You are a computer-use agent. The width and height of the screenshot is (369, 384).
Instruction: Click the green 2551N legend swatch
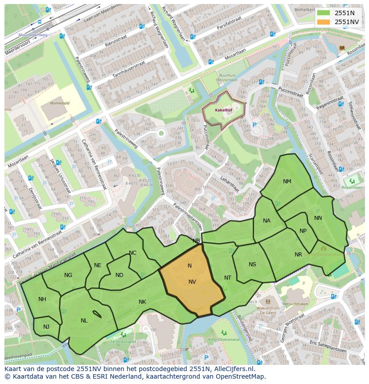tap(324, 13)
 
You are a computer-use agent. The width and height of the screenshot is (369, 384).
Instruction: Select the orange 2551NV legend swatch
tap(324, 21)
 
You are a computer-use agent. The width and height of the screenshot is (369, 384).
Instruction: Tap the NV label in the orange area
tap(192, 281)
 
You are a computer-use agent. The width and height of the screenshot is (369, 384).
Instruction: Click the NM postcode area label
tap(287, 181)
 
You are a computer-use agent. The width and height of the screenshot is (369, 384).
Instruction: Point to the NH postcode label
tap(42, 299)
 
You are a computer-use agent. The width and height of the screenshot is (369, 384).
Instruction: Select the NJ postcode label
tap(46, 327)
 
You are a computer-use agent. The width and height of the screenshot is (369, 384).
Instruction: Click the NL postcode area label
tap(84, 320)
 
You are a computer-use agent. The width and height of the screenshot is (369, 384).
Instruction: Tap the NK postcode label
tap(142, 302)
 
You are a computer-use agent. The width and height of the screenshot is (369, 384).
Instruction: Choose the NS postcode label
tap(252, 264)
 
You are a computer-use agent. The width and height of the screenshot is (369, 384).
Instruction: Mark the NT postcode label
tap(228, 278)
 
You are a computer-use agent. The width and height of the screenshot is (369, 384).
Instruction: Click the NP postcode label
tap(303, 231)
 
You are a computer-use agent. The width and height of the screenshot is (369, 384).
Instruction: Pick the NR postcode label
tap(298, 255)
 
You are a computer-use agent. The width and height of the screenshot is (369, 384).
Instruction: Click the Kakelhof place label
tap(222, 109)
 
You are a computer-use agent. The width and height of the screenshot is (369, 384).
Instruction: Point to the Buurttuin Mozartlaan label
tap(227, 78)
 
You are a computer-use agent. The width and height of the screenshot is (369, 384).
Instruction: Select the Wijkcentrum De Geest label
tap(266, 311)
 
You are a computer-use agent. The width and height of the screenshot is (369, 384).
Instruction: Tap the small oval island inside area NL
tap(97, 314)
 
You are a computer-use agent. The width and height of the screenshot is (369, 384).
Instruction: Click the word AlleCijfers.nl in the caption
tap(233, 369)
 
